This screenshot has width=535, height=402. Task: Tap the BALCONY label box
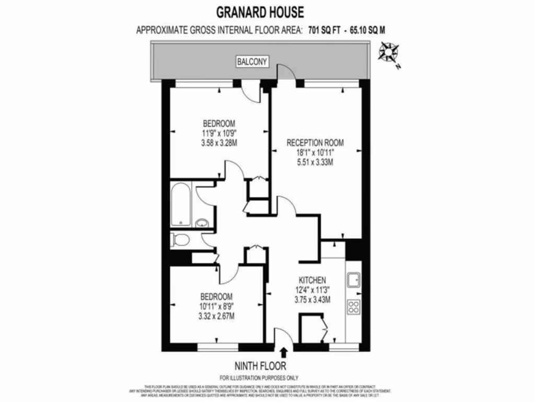(252, 62)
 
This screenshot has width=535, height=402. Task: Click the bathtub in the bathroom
(181, 204)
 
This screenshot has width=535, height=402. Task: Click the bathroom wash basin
(202, 224)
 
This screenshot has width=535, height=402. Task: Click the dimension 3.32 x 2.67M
(216, 316)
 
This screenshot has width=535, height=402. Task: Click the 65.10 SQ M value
(369, 30)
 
